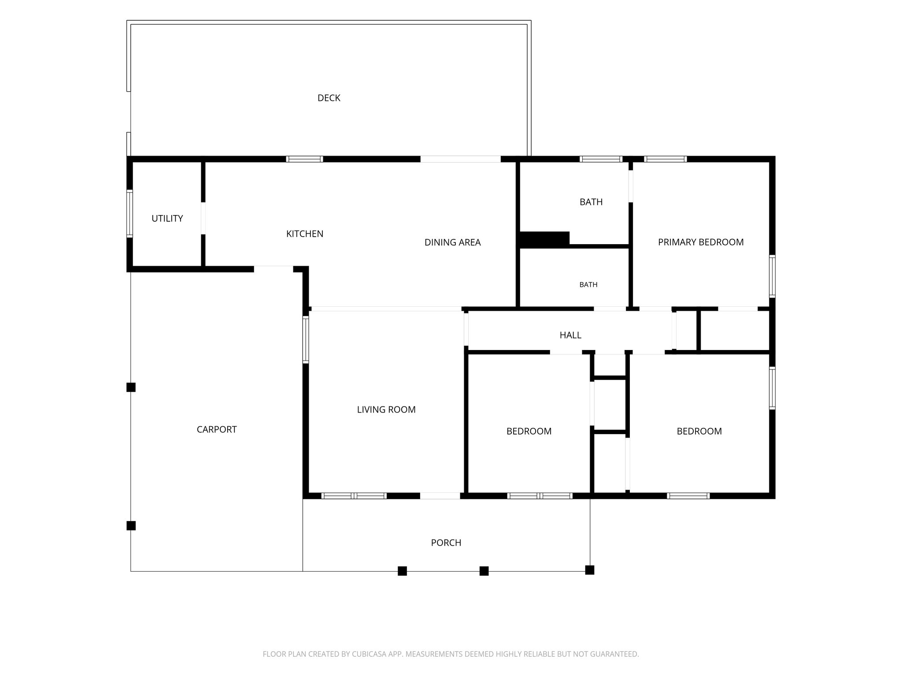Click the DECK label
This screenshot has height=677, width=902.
point(329,98)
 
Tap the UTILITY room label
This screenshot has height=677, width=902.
point(167,218)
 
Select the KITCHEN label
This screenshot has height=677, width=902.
point(305,234)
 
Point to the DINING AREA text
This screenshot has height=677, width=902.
point(452,242)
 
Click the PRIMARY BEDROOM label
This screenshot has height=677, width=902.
point(701,242)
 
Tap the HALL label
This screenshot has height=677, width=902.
point(570,335)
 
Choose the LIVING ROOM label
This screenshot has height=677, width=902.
point(386,409)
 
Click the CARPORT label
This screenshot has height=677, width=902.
point(217,429)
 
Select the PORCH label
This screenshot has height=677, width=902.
point(446,543)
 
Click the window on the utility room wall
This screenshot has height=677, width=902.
point(129,214)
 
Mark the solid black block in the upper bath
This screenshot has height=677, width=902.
point(545,239)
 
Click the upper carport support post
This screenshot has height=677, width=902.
point(131,387)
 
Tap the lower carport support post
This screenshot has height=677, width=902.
point(131,525)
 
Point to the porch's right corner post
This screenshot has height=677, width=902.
point(590,570)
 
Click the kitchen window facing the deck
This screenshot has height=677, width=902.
point(304,159)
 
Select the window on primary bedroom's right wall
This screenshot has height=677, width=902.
point(772,276)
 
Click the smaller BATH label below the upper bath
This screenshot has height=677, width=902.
point(588,285)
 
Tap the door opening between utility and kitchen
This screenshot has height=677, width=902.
point(203,218)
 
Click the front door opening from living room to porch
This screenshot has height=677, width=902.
point(440,496)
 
